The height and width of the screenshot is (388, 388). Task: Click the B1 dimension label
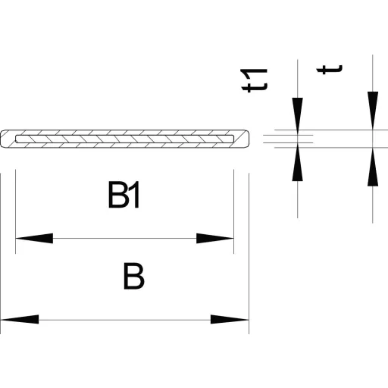coord(124,195)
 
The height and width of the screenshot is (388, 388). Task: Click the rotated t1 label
coord(254,80)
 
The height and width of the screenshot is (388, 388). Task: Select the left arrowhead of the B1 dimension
coord(34,238)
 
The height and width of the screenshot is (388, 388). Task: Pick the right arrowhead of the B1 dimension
coord(215,238)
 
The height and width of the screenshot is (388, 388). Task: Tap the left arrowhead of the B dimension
coord(20,320)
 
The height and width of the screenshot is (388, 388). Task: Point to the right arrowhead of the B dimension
coord(230,320)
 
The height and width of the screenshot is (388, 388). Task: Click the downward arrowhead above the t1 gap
coord(298,116)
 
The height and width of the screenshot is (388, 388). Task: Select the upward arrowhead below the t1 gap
coord(298,162)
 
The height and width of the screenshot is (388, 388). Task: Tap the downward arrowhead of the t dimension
coord(373,111)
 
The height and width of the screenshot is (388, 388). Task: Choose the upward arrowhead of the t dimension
coord(373,167)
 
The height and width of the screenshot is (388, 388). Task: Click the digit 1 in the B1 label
coord(135,195)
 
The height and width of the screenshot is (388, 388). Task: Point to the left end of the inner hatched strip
coord(17,139)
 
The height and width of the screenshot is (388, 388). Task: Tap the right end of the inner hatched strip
coord(232,139)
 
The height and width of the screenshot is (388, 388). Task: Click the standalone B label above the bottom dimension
coord(134,276)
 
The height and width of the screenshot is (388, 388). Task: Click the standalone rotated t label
coord(330,69)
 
